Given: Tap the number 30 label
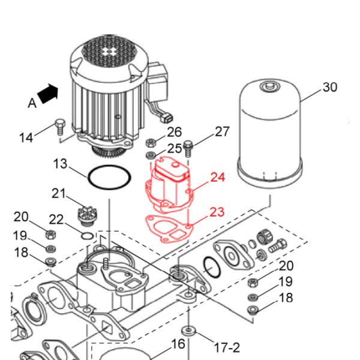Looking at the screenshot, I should pos(329,88).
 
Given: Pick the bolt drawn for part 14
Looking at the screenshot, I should pos(59,127).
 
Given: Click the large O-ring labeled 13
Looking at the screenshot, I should pos(109,178).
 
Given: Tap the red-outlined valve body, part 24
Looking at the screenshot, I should pos(169,183).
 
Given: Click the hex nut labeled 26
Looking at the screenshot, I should pos(152,143).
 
